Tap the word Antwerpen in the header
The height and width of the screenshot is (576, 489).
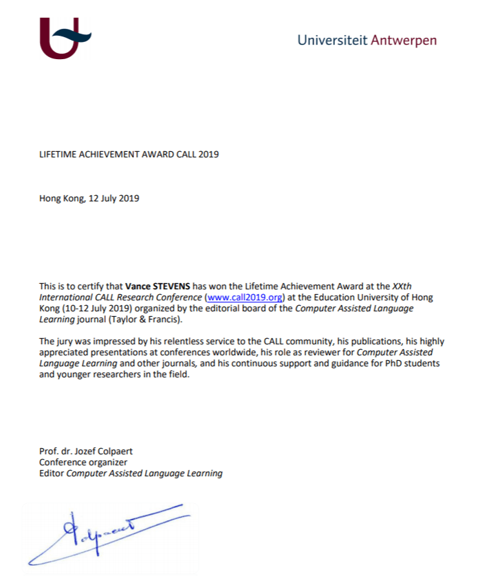(x=404, y=40)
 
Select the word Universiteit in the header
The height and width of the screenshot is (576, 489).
(x=332, y=40)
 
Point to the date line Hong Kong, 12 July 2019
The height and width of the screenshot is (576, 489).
(x=89, y=199)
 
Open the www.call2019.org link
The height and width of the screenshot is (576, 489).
(x=245, y=298)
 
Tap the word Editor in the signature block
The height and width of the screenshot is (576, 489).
(x=51, y=473)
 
